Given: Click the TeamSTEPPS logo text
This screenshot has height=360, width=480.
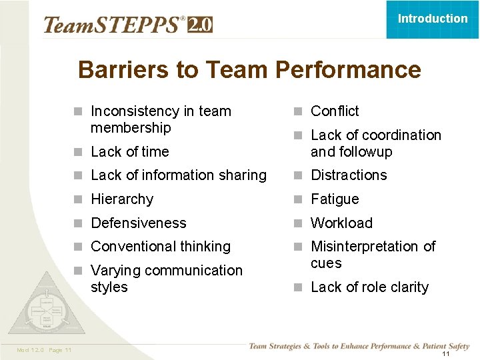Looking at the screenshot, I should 112,25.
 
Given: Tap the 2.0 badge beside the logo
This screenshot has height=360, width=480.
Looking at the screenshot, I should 200,25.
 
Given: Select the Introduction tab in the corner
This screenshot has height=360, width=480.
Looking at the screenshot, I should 433,19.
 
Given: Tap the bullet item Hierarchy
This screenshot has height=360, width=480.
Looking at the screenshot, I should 122,199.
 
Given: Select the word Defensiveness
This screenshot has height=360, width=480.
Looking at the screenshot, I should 139,223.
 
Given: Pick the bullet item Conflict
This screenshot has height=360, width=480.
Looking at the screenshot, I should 335,111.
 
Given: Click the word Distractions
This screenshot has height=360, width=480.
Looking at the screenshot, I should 349,175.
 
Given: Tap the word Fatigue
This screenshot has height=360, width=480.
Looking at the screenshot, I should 335,199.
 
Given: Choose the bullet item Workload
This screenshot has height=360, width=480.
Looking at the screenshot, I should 341,223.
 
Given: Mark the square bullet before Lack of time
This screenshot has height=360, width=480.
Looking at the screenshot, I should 79,152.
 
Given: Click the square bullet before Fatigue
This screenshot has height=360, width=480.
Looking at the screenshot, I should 299,199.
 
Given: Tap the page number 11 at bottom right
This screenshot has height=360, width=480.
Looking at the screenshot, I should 446,354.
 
